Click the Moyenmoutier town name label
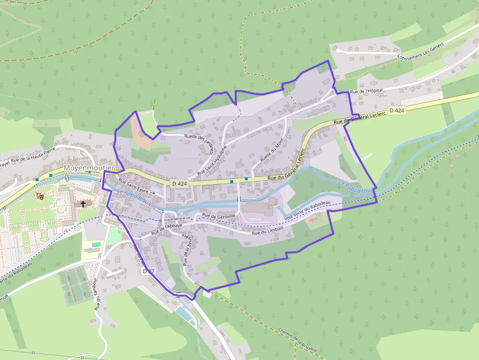pyautogui.click(x=88, y=168)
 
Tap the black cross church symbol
pyautogui.click(x=83, y=204)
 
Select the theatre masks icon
pyautogui.click(x=41, y=196)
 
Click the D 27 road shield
pyautogui.click(x=149, y=270)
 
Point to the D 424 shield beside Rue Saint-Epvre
pyautogui.click(x=180, y=183)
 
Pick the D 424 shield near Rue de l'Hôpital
pyautogui.click(x=396, y=110)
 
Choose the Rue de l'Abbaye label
pyautogui.click(x=167, y=229)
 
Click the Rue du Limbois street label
pyautogui.click(x=267, y=233)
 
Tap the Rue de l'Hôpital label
pyautogui.click(x=367, y=91)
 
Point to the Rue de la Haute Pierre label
pyautogui.click(x=32, y=157)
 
